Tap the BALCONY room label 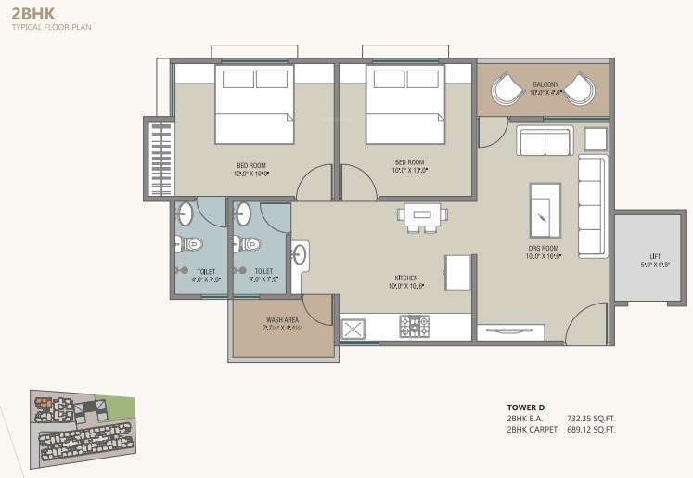click(x=545, y=86)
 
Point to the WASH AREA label click(x=282, y=321)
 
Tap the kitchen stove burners click(x=415, y=326)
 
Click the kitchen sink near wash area click(x=353, y=328)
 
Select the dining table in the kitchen click(x=422, y=214)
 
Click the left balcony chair click(x=508, y=90)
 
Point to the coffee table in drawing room click(x=544, y=210)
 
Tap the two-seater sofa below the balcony click(x=544, y=142)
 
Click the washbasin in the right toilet click(x=243, y=213)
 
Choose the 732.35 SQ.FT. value click(x=591, y=420)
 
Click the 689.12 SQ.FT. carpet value click(x=591, y=430)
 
